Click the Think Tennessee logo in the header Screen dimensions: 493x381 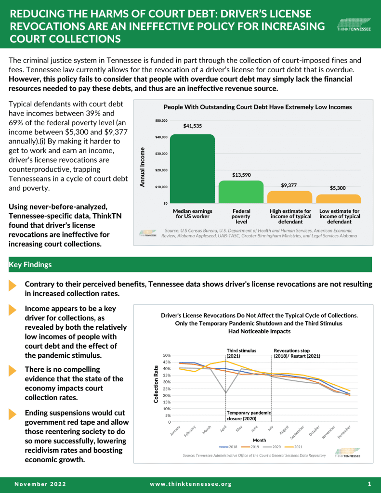(354, 25)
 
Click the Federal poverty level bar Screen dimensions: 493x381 (241, 192)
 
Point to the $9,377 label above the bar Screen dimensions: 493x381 (289, 185)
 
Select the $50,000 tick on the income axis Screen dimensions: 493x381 (161, 120)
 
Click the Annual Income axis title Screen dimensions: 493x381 (143, 167)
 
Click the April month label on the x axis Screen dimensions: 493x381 (223, 428)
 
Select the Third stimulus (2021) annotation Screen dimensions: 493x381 (241, 353)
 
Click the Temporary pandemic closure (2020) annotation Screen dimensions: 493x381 (249, 415)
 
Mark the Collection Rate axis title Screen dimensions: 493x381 (156, 384)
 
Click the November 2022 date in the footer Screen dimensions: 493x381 (40, 484)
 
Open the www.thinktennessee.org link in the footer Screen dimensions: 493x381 (191, 484)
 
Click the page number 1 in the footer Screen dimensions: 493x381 (369, 484)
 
